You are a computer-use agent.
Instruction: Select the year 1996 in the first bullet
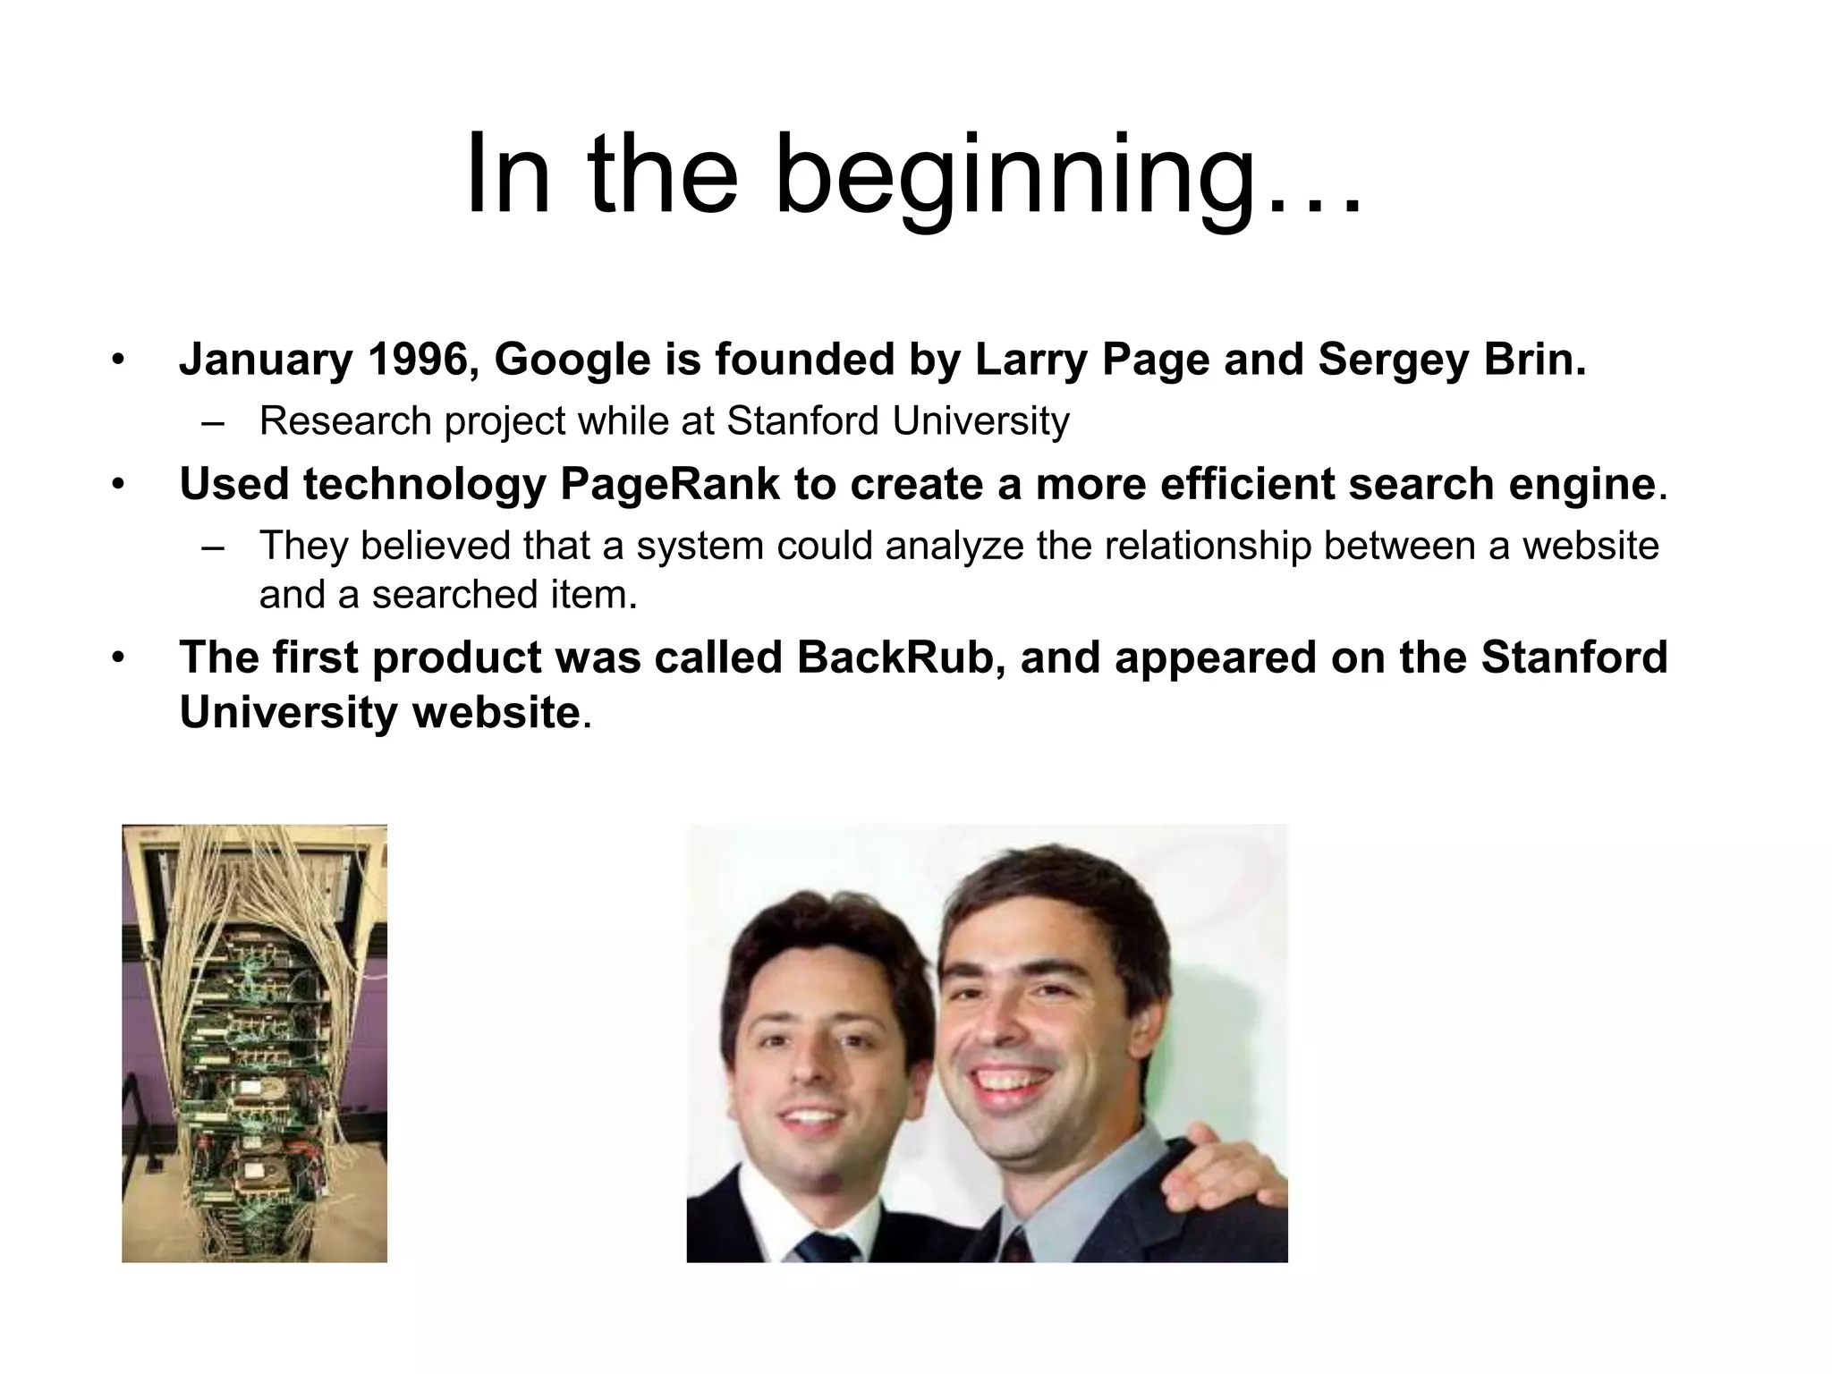tap(418, 360)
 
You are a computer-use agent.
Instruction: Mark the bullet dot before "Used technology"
tap(117, 485)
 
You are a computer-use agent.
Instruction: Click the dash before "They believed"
tap(212, 547)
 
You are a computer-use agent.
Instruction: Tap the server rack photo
tap(254, 1043)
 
